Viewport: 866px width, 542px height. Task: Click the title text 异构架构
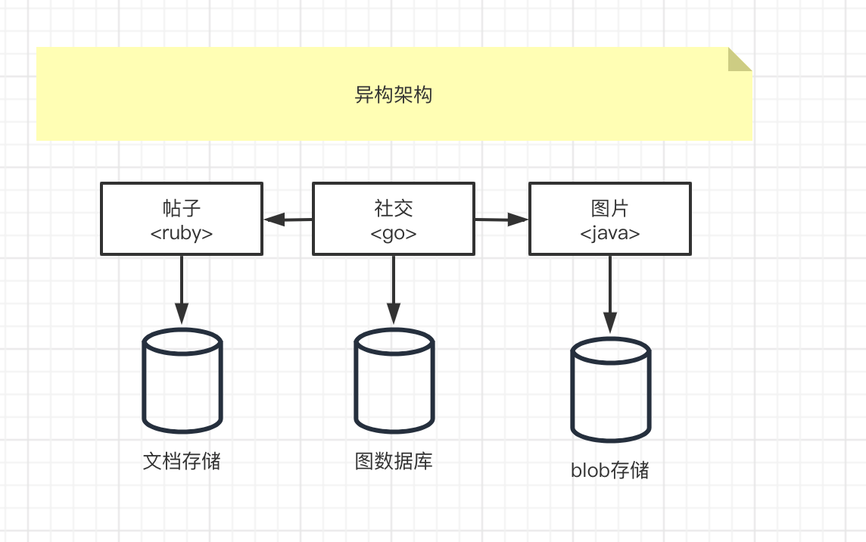point(394,95)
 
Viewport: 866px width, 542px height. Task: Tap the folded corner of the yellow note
point(740,59)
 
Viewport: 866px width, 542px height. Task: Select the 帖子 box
point(182,218)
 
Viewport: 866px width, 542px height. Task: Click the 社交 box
point(394,218)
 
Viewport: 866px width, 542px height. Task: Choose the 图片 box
point(609,218)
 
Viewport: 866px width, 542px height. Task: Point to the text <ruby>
point(182,233)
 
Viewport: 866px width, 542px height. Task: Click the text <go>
point(394,233)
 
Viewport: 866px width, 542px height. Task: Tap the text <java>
point(609,233)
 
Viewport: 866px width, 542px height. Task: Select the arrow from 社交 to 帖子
point(288,220)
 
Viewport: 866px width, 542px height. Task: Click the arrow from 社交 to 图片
point(501,220)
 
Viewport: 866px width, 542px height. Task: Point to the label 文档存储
point(182,460)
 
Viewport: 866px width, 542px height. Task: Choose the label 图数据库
point(394,460)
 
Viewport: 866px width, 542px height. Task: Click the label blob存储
point(610,470)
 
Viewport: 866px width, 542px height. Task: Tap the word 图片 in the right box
point(609,208)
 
